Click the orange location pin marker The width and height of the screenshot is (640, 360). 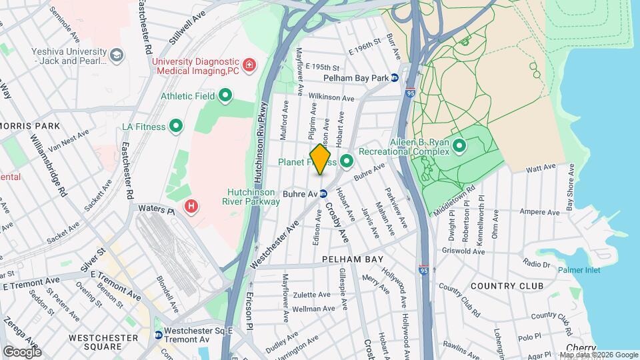[321, 159]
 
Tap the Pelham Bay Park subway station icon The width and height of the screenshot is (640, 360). [395, 78]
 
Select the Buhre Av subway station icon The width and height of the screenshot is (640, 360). [323, 194]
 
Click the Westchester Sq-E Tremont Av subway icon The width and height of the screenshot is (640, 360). [158, 335]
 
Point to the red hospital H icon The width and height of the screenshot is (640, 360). [191, 207]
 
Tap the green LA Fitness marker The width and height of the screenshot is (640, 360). [176, 125]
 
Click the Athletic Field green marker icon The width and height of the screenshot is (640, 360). [225, 96]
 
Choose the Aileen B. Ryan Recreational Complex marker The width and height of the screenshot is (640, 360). [459, 145]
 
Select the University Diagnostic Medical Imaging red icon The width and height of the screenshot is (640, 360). [249, 65]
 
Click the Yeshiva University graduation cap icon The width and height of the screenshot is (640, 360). [117, 55]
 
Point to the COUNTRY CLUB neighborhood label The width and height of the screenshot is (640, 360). [507, 286]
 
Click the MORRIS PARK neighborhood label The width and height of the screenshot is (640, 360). [31, 126]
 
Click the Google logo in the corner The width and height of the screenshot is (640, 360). [22, 351]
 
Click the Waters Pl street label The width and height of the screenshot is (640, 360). [156, 209]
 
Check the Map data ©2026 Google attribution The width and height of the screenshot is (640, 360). [598, 355]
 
